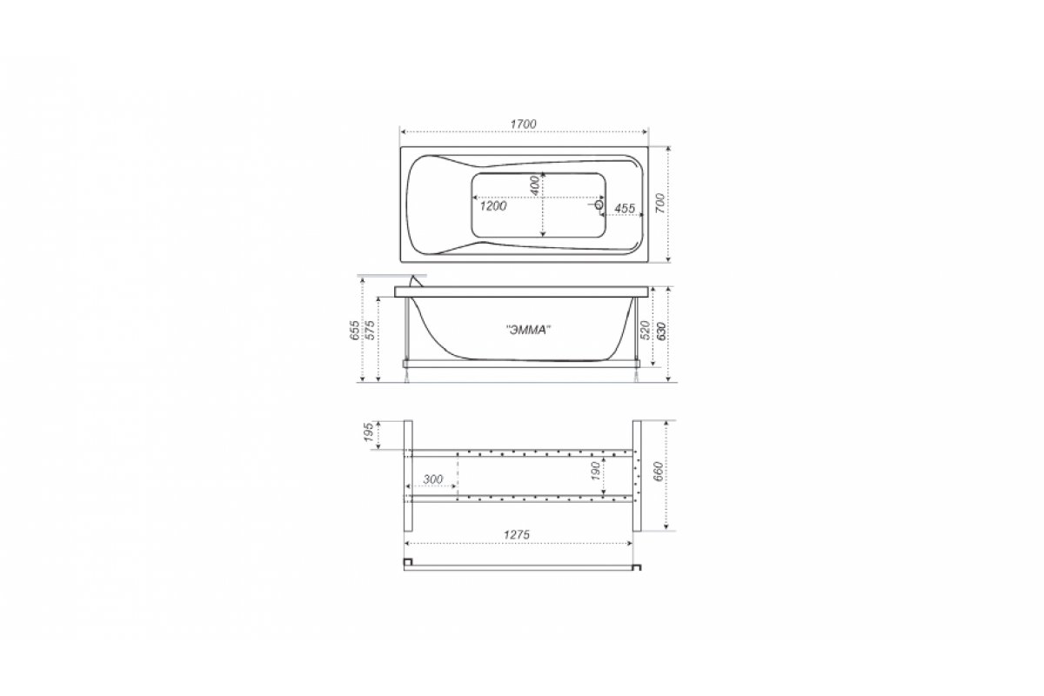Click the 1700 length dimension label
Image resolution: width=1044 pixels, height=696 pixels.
click(x=524, y=124)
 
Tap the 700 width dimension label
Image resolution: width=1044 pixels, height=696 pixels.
click(x=660, y=204)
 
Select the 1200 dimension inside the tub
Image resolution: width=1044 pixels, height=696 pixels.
click(x=493, y=206)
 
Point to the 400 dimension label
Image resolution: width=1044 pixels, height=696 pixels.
click(x=536, y=185)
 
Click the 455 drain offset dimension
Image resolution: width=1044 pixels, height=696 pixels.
click(x=625, y=209)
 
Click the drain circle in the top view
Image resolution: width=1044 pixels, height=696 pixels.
click(x=599, y=204)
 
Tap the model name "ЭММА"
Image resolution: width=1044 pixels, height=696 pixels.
click(x=528, y=330)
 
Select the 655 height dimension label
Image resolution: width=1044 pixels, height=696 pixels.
click(x=355, y=330)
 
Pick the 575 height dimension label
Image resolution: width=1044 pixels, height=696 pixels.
click(x=371, y=330)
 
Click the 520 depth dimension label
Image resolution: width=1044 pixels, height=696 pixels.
click(x=646, y=330)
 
